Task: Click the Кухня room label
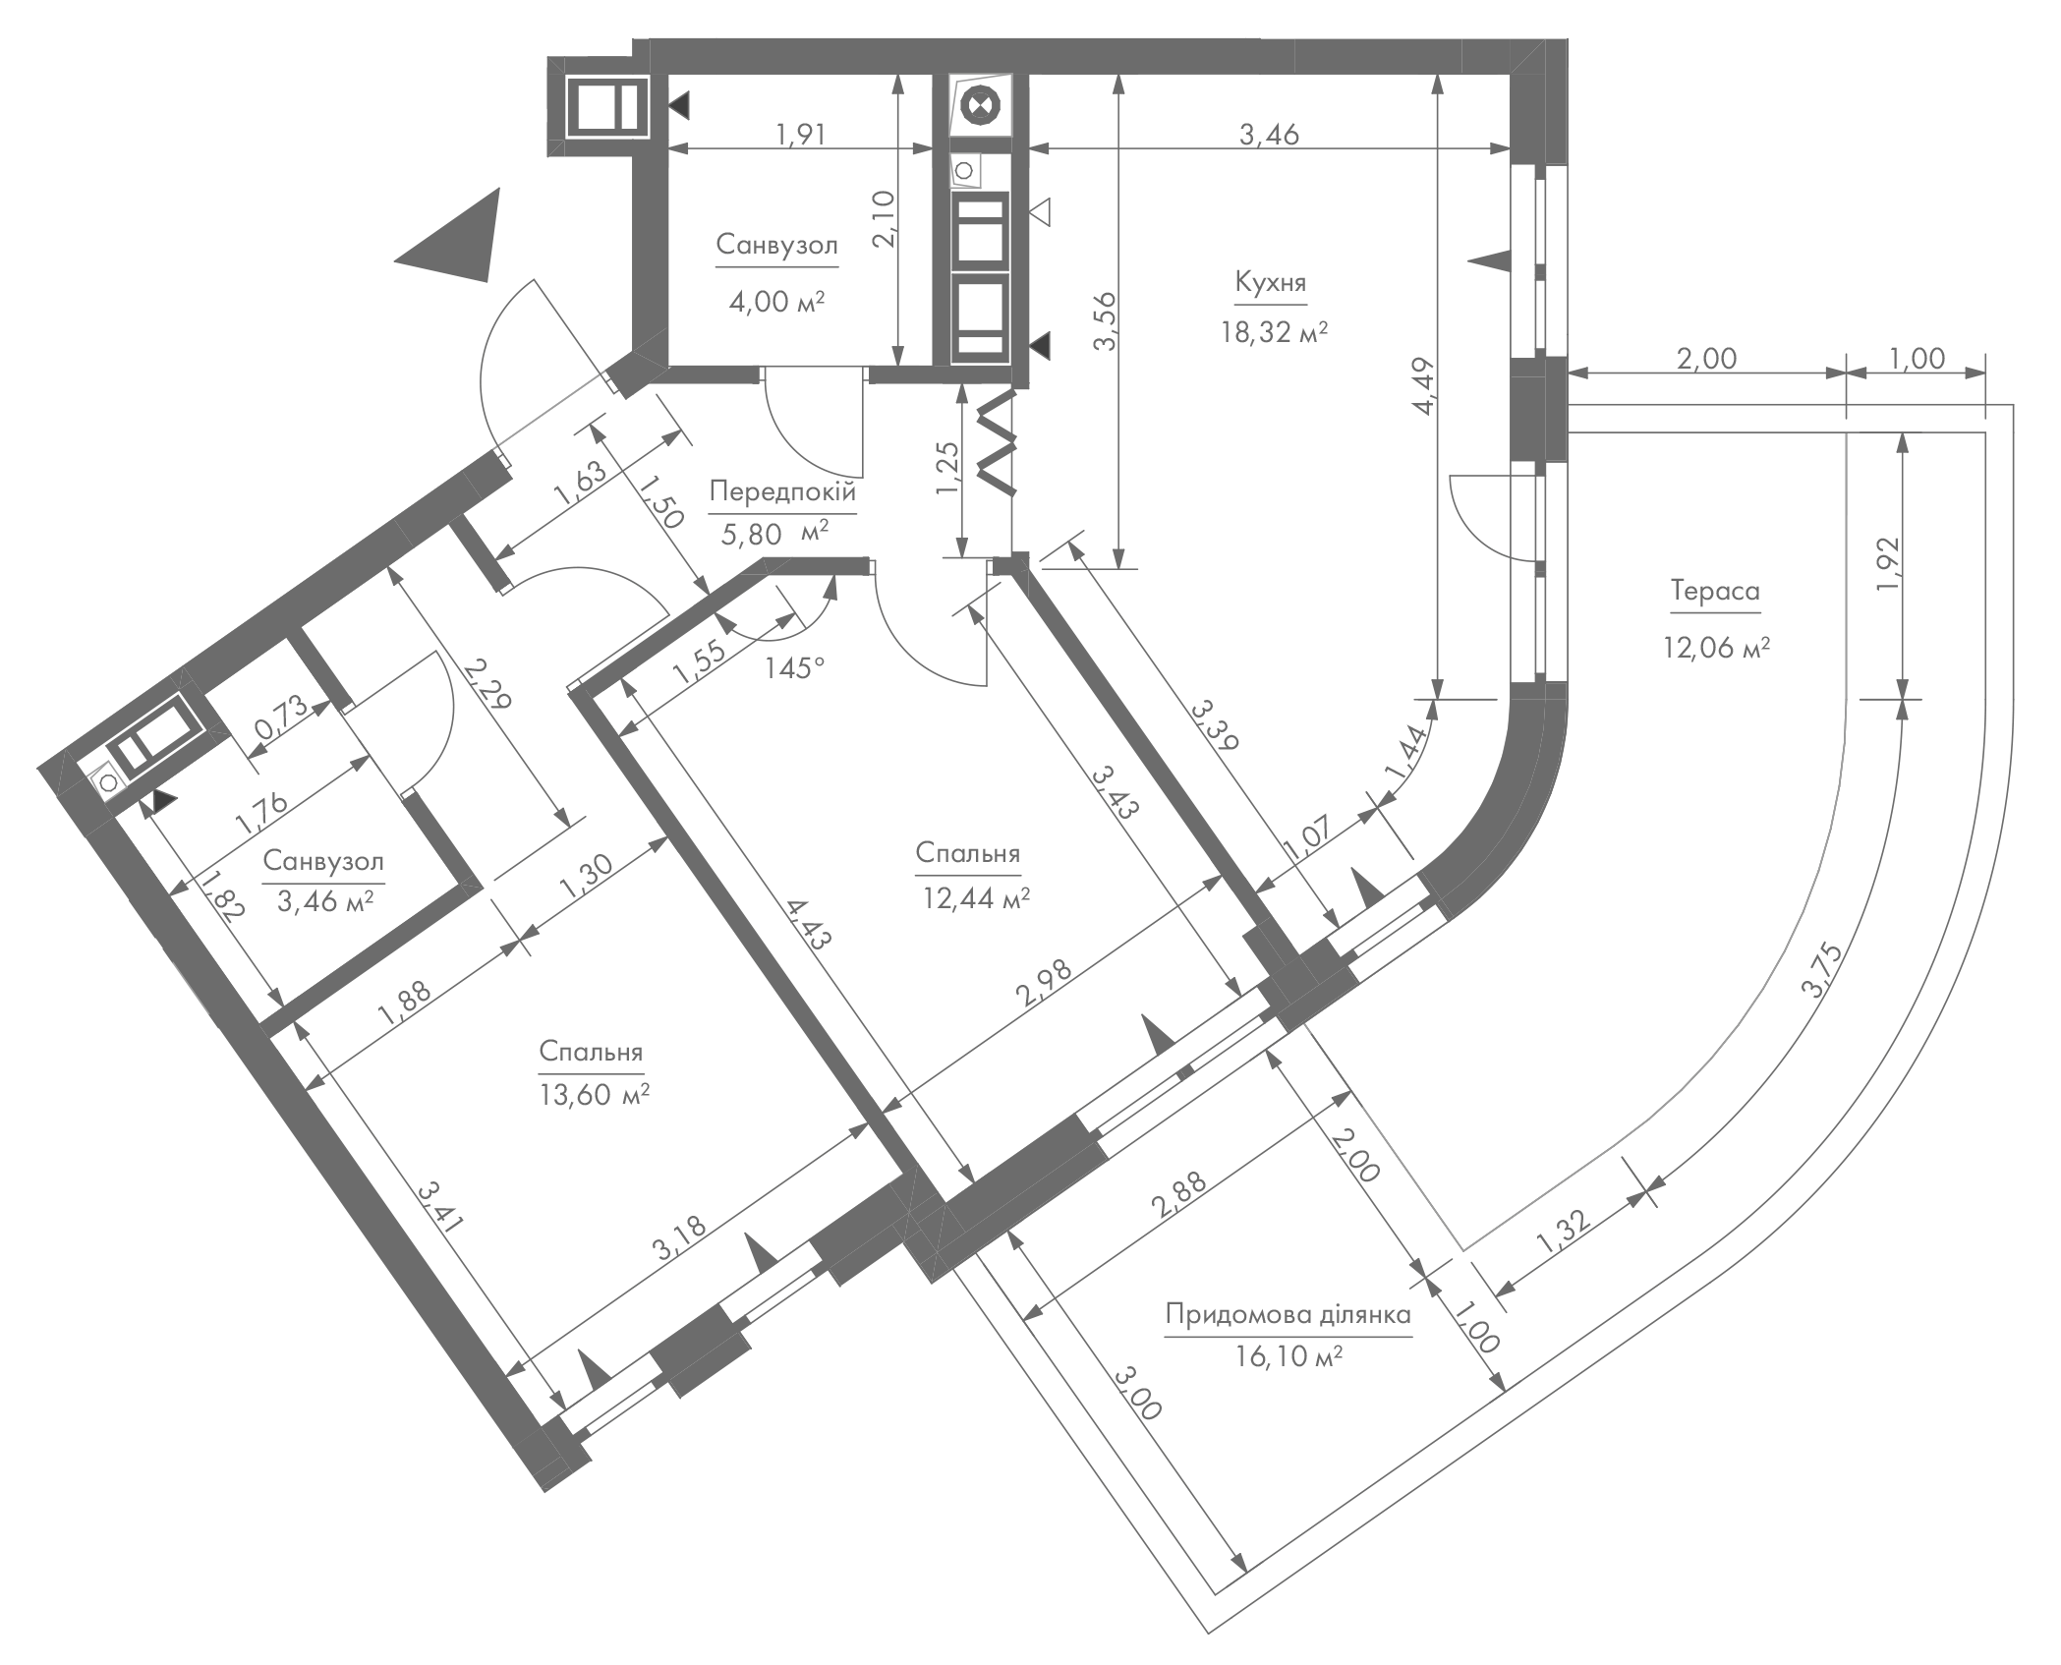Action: click(1271, 283)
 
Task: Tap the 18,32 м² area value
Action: click(1275, 331)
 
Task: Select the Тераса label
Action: click(1715, 591)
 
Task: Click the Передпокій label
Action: click(783, 491)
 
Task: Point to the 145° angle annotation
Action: click(794, 668)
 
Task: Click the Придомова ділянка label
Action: click(1288, 1314)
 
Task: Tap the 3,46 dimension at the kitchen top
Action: click(1269, 134)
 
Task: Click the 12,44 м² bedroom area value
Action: click(976, 896)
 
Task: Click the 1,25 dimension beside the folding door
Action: click(946, 468)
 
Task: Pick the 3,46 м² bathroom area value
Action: click(324, 900)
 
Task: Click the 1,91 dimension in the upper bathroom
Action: click(800, 134)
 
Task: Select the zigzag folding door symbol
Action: click(996, 442)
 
